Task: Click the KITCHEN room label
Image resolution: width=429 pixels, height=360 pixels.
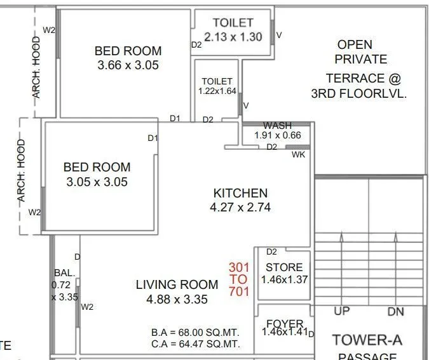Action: [x=240, y=193]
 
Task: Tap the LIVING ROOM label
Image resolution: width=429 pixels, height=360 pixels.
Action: [x=177, y=285]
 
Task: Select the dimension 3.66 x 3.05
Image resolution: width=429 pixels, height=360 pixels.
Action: [x=128, y=65]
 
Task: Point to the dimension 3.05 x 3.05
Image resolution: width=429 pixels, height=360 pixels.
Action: [x=97, y=182]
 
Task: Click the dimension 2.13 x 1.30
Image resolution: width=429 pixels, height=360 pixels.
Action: [x=233, y=37]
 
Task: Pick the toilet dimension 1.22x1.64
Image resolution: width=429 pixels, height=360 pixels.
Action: [x=217, y=91]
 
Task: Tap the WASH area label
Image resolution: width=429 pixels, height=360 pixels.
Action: [x=277, y=126]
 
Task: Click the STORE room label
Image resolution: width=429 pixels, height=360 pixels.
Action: [x=284, y=267]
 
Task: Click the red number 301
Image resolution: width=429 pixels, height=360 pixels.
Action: [x=239, y=267]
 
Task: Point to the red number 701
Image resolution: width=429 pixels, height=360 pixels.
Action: [x=239, y=292]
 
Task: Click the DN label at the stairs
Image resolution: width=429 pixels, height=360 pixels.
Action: [x=395, y=312]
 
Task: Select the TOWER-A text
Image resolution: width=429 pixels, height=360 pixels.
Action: [x=367, y=340]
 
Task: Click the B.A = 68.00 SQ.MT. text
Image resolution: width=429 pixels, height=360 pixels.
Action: [x=195, y=332]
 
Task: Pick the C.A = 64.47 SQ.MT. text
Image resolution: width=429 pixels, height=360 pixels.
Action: [x=195, y=344]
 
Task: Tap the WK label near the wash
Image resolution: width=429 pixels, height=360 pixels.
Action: [x=298, y=155]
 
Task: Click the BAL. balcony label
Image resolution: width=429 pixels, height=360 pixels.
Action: [x=64, y=273]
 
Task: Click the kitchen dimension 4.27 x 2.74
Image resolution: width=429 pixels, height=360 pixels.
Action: [x=240, y=208]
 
